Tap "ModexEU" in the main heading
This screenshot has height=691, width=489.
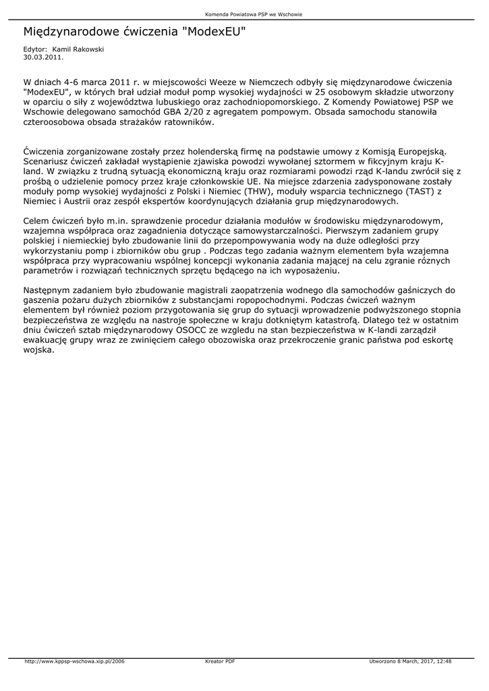pyautogui.click(x=214, y=32)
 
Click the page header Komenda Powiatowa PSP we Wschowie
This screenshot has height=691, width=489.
pyautogui.click(x=244, y=14)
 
